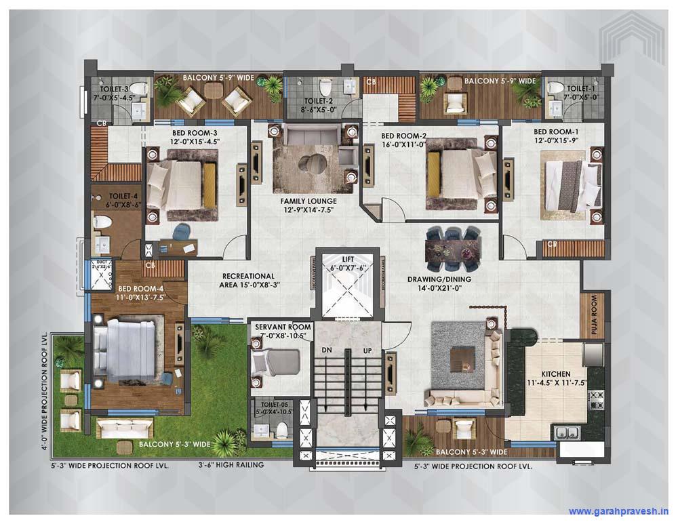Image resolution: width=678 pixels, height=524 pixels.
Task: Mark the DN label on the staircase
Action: (x=327, y=350)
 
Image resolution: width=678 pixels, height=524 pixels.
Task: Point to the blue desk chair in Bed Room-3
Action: (x=182, y=232)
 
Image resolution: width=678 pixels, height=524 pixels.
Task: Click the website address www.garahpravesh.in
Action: (x=618, y=511)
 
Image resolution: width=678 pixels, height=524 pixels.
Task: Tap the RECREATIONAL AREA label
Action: (x=249, y=281)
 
